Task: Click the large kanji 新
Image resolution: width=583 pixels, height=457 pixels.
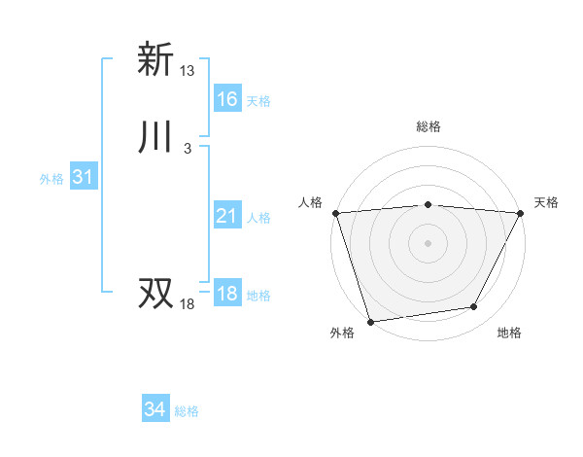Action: [155, 60]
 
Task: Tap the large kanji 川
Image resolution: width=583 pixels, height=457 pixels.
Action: [155, 138]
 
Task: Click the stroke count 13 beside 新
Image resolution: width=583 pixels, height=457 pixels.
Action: [188, 71]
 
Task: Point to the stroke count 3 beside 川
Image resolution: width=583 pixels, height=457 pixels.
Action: [188, 149]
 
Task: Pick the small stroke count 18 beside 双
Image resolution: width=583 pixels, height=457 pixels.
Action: [188, 304]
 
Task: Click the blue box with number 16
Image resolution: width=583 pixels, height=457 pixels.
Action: [227, 99]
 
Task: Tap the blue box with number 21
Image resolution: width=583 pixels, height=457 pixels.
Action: [227, 217]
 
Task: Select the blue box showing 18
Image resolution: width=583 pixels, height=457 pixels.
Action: [227, 295]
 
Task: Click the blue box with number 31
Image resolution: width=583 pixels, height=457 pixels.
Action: [83, 178]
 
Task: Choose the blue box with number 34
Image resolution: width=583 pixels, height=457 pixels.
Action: [155, 410]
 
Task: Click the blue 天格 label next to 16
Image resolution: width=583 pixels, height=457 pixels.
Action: [258, 101]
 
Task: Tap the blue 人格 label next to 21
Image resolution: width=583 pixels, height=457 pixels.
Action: [258, 219]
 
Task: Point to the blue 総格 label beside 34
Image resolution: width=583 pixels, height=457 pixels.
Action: [187, 412]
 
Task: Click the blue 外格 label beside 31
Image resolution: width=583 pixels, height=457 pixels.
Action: [51, 180]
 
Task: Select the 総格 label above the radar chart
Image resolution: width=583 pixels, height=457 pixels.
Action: [429, 126]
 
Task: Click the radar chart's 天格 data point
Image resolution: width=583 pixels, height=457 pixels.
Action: [521, 212]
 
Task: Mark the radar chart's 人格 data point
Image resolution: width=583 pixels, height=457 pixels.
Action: [335, 212]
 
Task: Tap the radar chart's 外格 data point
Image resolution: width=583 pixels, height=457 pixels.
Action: [370, 321]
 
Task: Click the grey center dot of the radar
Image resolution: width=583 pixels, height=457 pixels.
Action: [429, 242]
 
